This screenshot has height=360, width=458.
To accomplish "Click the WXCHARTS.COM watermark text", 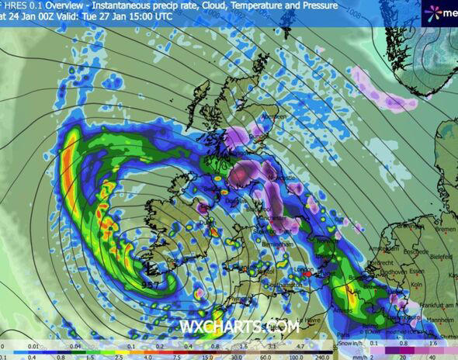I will click(239, 328).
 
